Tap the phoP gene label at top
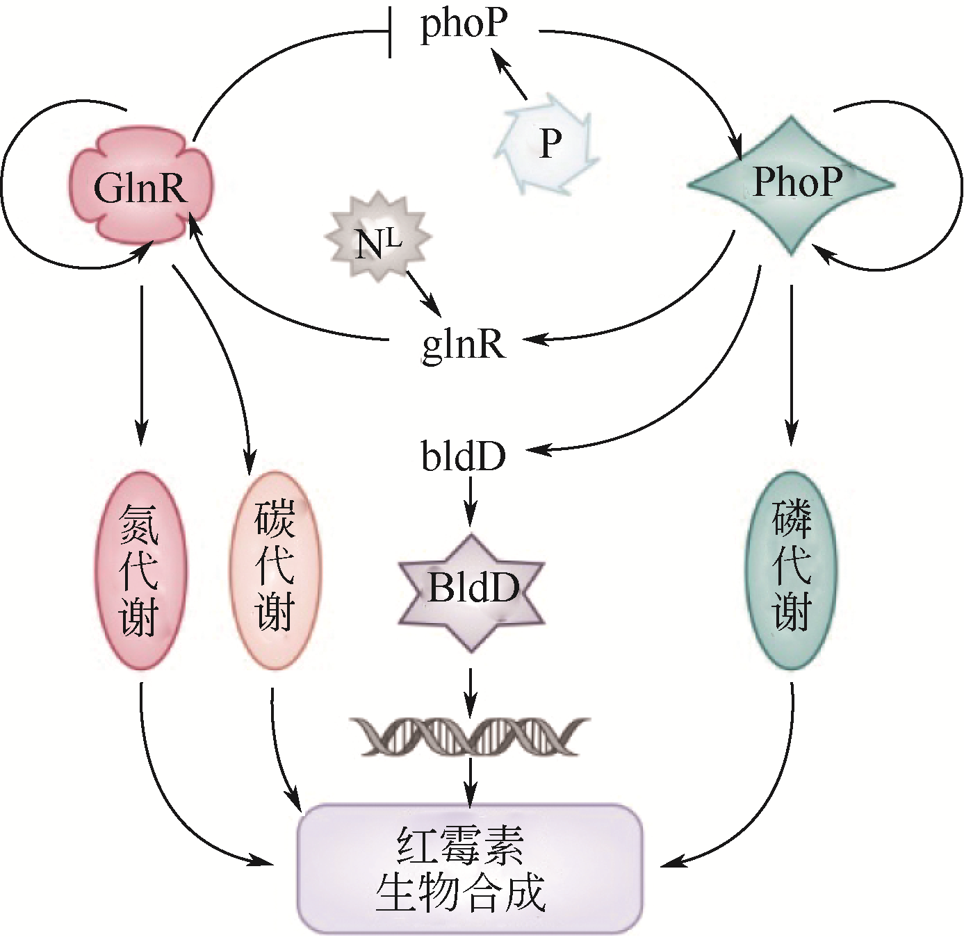[464, 24]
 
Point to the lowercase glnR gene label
[464, 342]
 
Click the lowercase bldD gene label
[464, 456]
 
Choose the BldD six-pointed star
[472, 590]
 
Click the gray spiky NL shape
[378, 238]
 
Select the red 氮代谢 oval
[141, 570]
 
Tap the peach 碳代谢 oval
[275, 570]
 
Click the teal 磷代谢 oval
[792, 570]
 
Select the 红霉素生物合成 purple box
[470, 868]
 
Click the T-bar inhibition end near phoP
[390, 33]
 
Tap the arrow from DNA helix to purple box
[471, 781]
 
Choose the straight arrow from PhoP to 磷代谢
[792, 361]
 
